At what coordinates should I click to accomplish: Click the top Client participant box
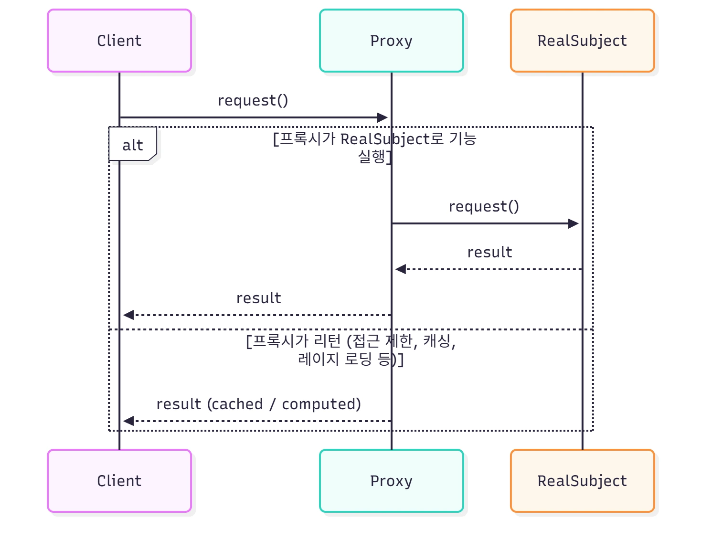coord(119,41)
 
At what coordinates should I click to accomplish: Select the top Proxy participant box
coord(391,41)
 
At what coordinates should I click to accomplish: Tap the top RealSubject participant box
coord(582,41)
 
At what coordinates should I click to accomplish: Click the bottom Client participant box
coord(119,481)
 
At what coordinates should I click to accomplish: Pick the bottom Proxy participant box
coord(391,481)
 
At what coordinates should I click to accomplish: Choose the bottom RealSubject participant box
coord(582,481)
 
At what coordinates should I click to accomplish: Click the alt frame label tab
coord(133,144)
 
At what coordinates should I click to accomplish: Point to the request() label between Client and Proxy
coord(253,100)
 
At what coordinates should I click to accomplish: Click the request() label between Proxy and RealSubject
coord(484,206)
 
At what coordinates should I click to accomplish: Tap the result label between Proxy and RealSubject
coord(489,252)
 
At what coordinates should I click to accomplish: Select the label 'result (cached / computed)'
coord(258,404)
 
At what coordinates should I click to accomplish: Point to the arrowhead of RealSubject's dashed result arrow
coord(401,269)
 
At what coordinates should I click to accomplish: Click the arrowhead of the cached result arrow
coord(128,421)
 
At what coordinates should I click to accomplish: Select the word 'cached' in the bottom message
coord(235,404)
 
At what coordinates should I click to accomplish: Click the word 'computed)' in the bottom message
coord(321,404)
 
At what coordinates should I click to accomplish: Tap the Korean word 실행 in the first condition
coord(372,157)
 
